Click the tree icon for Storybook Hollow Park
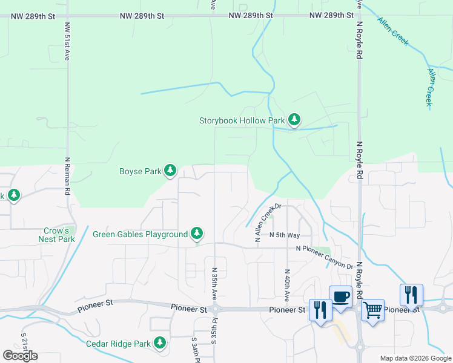[x=294, y=120]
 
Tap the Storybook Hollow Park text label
[x=242, y=120]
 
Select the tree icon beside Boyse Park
[x=170, y=171]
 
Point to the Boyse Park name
[x=140, y=171]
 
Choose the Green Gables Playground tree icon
[x=196, y=234]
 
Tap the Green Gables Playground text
[x=140, y=234]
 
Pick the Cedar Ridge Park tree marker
[x=160, y=344]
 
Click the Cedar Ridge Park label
[x=118, y=344]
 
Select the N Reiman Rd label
[x=67, y=175]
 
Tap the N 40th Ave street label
[x=286, y=285]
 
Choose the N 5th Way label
[x=285, y=235]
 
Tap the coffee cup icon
[x=340, y=297]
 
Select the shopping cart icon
[x=372, y=310]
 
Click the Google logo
[x=20, y=356]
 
